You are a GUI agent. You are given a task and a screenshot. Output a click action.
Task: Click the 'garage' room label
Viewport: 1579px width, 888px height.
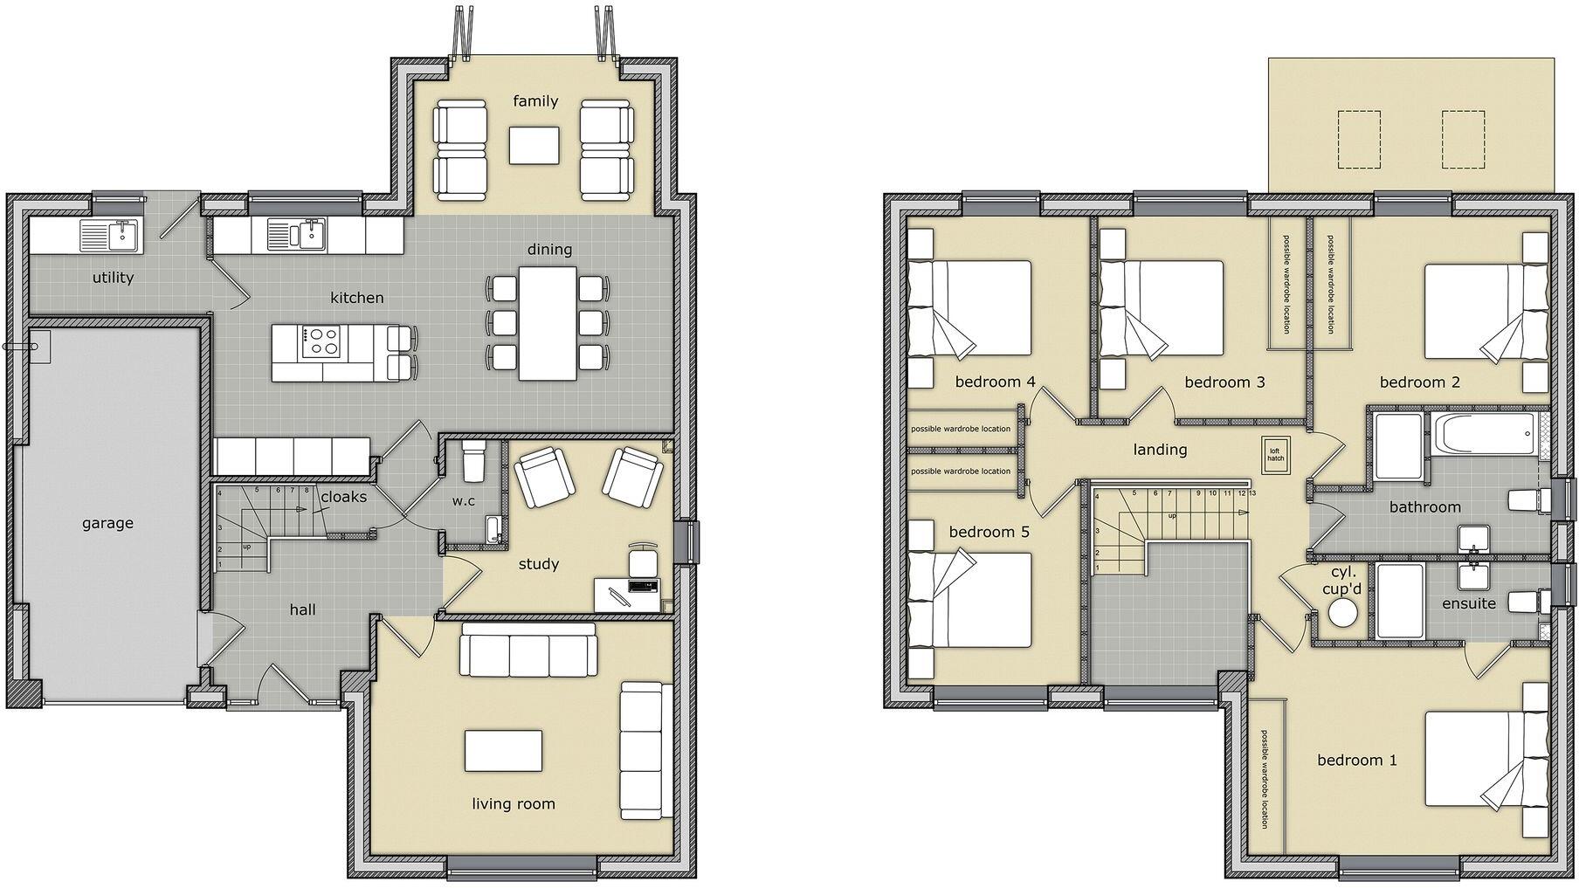(107, 523)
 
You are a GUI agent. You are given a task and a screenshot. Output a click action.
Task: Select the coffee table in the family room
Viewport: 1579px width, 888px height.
(534, 145)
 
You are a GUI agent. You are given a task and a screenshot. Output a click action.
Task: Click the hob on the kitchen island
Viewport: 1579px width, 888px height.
(320, 341)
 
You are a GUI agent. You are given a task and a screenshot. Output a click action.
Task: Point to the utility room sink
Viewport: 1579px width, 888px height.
(109, 235)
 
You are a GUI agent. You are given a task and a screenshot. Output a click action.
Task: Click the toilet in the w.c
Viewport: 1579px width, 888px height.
(472, 459)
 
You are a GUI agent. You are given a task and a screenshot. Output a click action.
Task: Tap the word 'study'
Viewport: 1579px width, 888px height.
(538, 564)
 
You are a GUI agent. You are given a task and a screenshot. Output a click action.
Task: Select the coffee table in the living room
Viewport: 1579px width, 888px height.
(502, 750)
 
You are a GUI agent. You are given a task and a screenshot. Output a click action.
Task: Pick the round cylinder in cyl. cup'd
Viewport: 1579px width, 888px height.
(1341, 615)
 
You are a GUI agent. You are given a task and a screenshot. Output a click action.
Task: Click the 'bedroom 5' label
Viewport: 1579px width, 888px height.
(989, 532)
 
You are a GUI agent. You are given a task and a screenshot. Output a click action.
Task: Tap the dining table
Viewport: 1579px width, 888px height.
(548, 323)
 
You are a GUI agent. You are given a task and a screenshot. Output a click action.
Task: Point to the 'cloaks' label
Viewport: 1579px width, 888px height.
(343, 497)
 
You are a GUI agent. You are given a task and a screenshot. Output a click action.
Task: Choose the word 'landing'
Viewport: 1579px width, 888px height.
(1160, 450)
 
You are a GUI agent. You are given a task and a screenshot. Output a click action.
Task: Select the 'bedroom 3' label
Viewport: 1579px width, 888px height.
(1224, 382)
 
